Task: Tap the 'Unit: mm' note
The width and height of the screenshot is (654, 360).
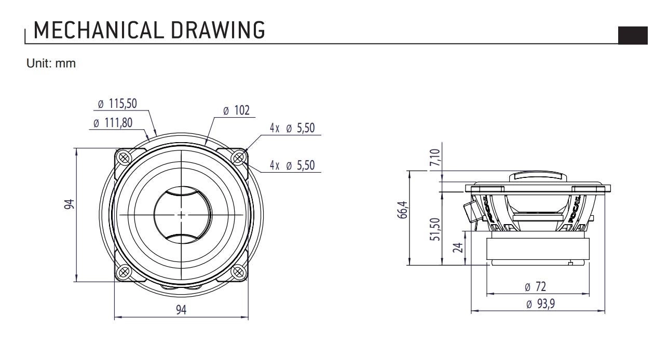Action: (51, 64)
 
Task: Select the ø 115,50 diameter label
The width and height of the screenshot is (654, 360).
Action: (117, 104)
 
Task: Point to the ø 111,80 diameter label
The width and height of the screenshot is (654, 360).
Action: (113, 124)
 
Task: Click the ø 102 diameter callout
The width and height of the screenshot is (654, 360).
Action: (236, 110)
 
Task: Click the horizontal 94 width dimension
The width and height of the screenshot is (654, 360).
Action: (181, 310)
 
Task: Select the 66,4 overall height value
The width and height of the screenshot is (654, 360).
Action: (403, 211)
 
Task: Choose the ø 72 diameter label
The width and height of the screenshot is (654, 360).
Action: (536, 286)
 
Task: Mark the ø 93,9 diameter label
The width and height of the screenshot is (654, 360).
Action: (540, 304)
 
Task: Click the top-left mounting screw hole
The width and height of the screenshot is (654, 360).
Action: (124, 157)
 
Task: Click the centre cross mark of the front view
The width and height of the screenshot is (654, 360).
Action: (181, 214)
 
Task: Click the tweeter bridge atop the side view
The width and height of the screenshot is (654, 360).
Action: (538, 176)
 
